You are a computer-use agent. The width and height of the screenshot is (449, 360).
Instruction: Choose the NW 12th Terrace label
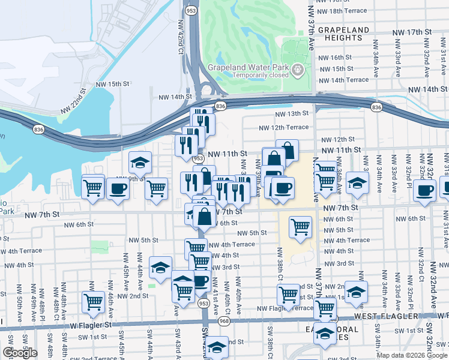pos(284,127)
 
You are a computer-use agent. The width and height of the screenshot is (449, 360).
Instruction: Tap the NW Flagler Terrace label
pos(285,308)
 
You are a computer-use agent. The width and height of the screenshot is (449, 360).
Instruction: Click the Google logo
pos(19,353)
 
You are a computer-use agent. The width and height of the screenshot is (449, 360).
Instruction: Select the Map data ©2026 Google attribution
pos(412,355)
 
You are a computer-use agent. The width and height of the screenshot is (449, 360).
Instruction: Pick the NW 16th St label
pos(334,58)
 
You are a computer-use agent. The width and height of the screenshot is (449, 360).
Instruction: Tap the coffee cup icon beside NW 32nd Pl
pos(425,191)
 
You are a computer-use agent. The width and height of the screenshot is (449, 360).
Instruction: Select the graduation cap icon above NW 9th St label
pos(140,161)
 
